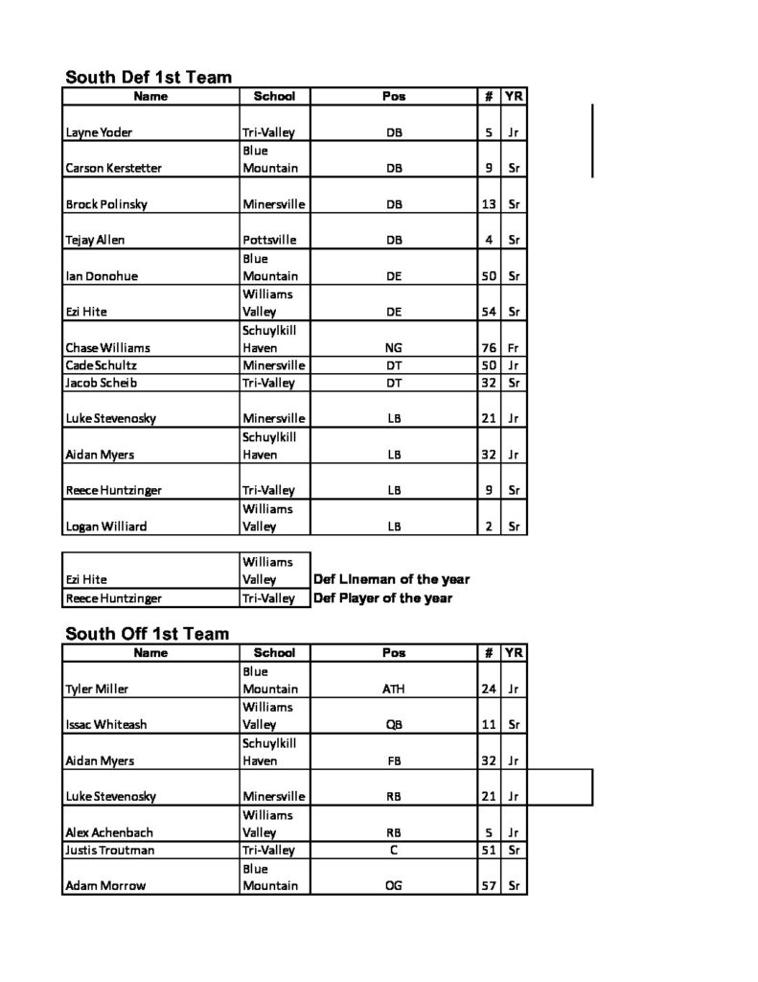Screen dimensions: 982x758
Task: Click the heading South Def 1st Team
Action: tap(149, 77)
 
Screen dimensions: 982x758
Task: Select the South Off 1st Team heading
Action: tap(148, 633)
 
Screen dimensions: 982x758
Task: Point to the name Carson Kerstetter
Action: tap(113, 168)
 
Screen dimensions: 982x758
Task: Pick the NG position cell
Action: tap(393, 348)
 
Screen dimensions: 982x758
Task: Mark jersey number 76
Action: tap(487, 348)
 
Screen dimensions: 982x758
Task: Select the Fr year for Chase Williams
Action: tap(514, 348)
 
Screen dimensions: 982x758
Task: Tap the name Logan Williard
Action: tap(105, 526)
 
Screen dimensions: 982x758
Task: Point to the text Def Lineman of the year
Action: tap(391, 579)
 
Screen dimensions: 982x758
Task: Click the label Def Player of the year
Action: tap(382, 598)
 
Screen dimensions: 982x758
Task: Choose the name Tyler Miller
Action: tap(97, 689)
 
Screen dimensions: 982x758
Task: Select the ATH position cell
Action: tap(393, 689)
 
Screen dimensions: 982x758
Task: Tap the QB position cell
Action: tap(393, 725)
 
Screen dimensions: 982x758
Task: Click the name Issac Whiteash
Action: tap(105, 725)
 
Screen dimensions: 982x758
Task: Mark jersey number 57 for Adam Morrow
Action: tap(487, 885)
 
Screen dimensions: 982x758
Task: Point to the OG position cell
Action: tap(393, 885)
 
